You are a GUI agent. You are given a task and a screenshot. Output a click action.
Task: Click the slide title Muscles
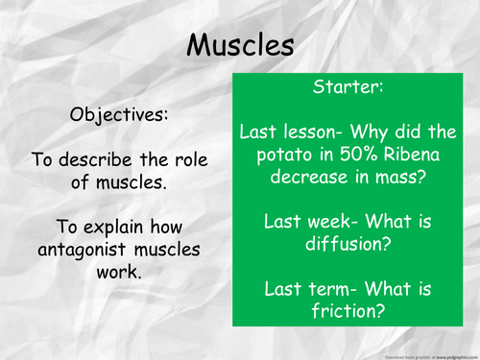(x=240, y=44)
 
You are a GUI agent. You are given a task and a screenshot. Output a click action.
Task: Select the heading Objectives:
(x=118, y=114)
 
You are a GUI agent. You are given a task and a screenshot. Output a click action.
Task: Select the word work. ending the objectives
(x=118, y=273)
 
